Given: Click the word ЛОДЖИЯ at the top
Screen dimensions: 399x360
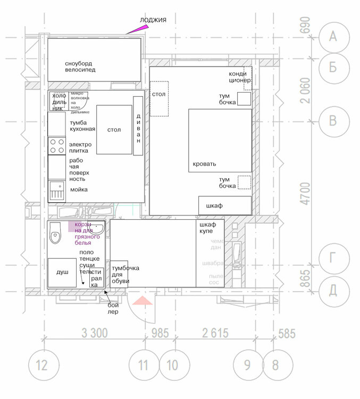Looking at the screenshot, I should (153, 20).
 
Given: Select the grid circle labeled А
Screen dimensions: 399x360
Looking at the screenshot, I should (333, 36).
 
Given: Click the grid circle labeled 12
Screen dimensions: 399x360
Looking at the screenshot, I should (41, 365).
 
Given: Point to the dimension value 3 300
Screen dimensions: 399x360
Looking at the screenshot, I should (95, 334).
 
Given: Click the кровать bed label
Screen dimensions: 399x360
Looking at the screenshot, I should (204, 164).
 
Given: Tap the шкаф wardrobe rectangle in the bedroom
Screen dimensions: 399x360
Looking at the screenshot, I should (224, 205).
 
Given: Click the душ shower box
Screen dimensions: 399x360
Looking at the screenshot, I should (63, 272).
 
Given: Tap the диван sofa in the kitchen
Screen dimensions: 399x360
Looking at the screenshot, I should (138, 126).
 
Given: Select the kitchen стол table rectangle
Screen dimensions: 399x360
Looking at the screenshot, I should (114, 130).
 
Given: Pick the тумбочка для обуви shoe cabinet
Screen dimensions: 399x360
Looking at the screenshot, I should (119, 275).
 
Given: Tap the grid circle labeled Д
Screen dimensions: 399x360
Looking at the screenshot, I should (333, 289).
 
